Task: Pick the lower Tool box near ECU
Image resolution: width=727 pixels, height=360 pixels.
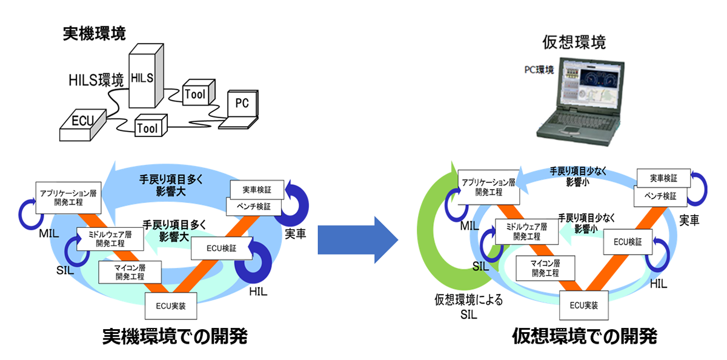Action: click(x=147, y=127)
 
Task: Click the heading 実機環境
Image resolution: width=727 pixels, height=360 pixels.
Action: click(x=94, y=34)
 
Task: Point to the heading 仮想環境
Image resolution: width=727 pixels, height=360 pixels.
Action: click(x=575, y=42)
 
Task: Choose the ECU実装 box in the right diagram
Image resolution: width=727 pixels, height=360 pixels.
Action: click(x=584, y=305)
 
